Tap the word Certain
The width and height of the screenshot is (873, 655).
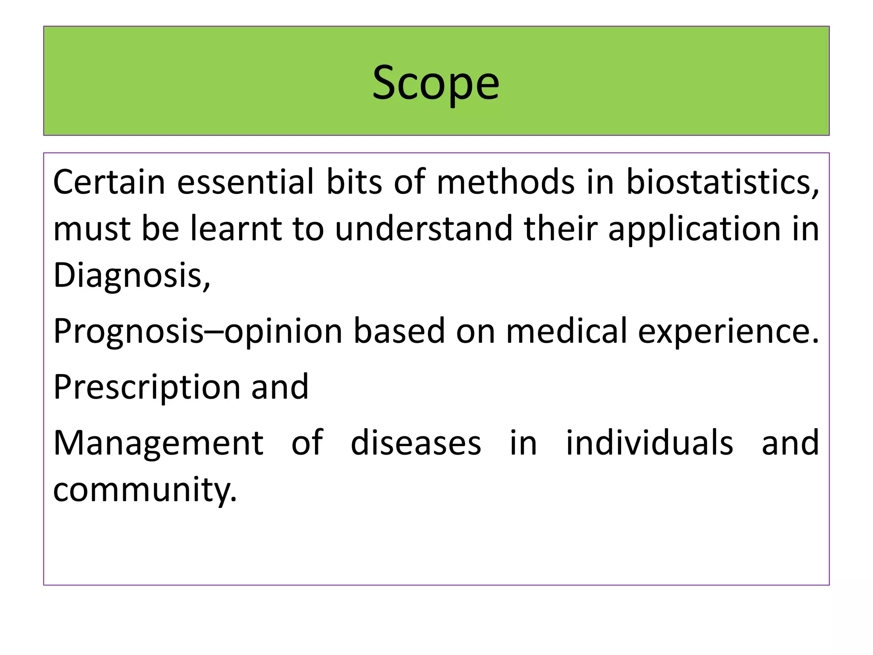coord(109,182)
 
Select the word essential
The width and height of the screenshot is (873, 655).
coord(246,182)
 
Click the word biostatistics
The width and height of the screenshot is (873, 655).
coord(722,182)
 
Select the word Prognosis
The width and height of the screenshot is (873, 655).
coord(128,332)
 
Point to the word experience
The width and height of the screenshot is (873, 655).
coord(728,332)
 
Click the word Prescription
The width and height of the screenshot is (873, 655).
coord(147,387)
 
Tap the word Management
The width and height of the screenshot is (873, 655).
coord(158,444)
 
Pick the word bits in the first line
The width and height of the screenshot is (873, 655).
coord(354,182)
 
